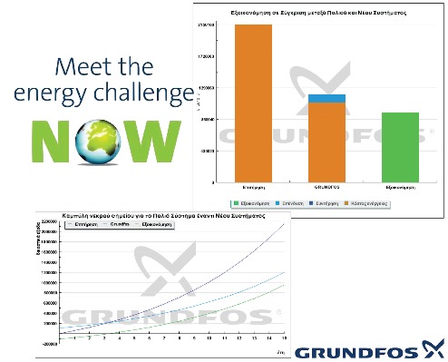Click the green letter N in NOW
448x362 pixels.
click(x=53, y=142)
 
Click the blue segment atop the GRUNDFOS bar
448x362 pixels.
click(x=326, y=98)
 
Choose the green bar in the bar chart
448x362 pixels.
click(x=400, y=138)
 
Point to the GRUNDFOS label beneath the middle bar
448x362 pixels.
click(x=326, y=171)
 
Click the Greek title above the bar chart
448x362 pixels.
click(x=317, y=13)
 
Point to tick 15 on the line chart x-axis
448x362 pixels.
click(x=284, y=337)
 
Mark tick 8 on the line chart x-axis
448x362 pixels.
click(x=177, y=337)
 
